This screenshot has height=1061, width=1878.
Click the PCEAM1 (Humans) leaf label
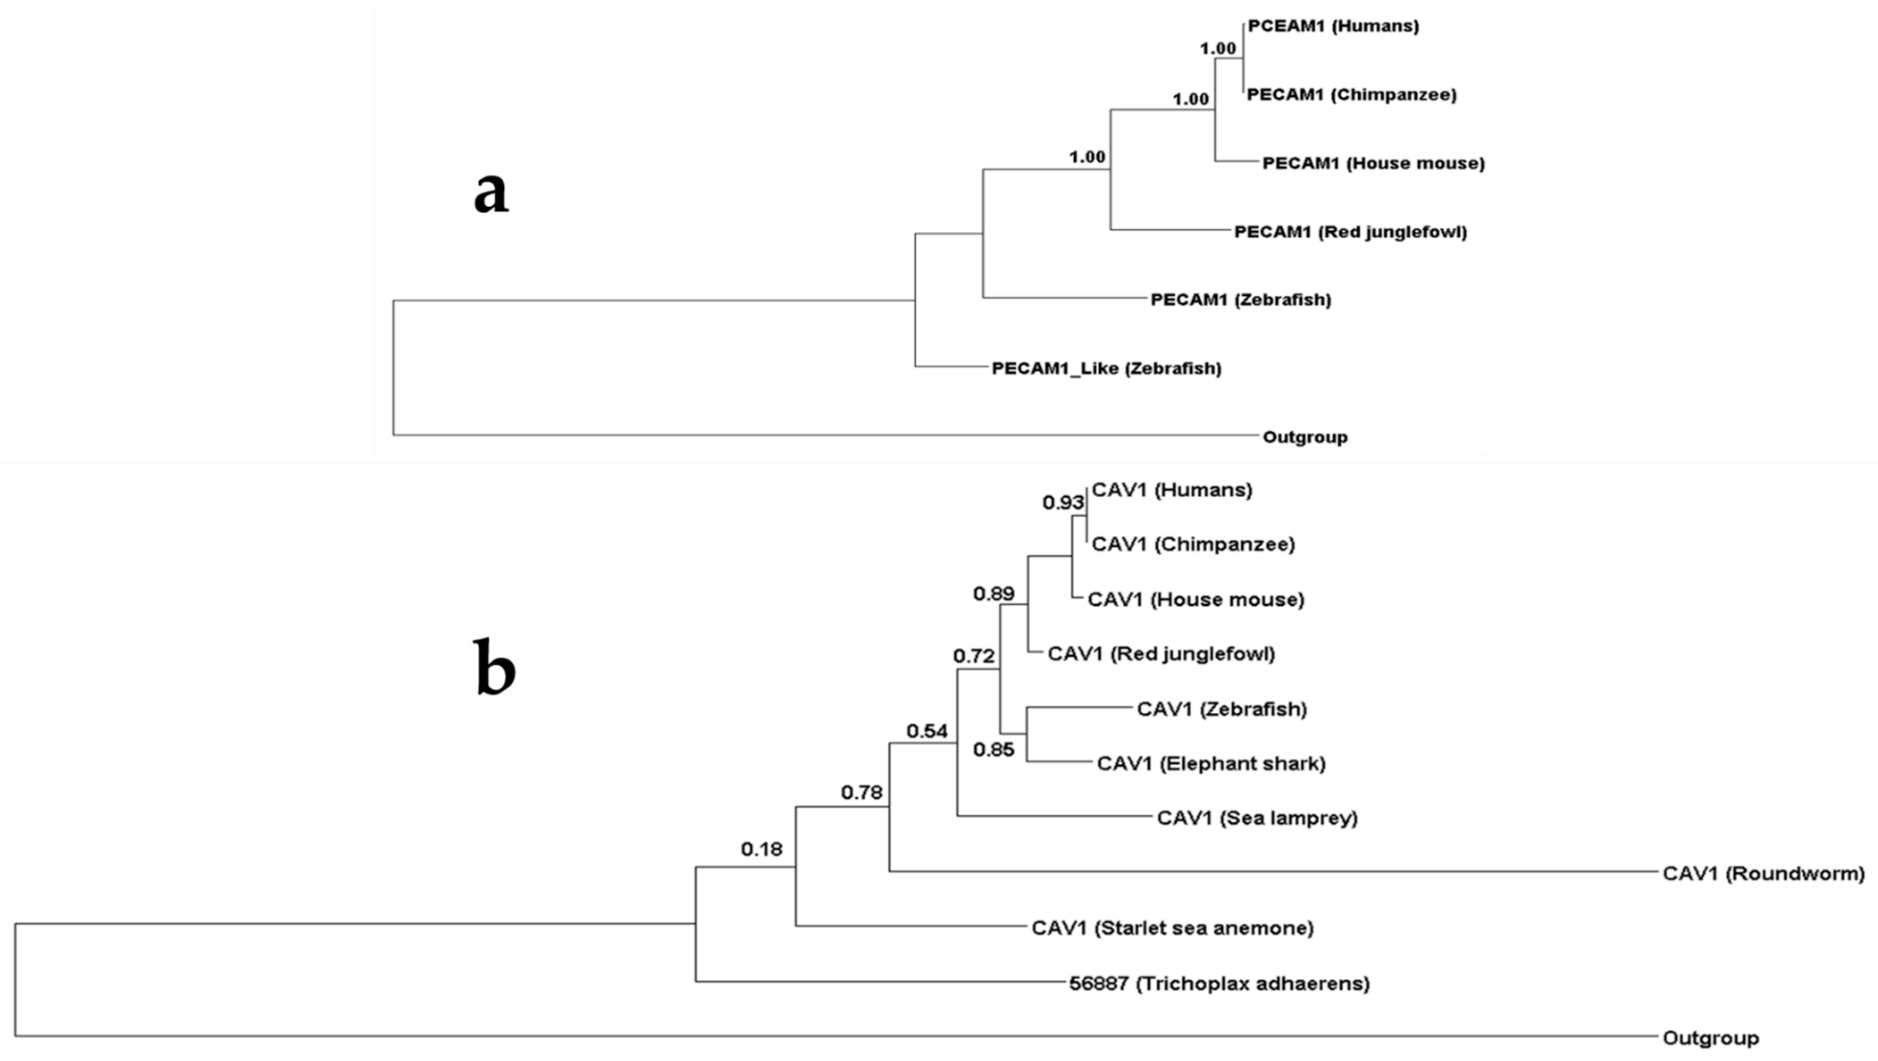click(x=1334, y=26)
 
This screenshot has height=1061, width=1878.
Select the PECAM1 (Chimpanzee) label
click(x=1352, y=95)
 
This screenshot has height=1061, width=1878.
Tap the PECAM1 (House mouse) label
click(x=1374, y=163)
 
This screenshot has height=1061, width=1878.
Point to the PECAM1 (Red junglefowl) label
click(x=1350, y=232)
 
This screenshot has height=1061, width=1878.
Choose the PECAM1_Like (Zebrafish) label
click(x=1106, y=368)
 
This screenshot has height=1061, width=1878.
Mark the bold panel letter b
click(x=495, y=667)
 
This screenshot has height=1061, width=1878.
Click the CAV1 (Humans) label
click(x=1171, y=490)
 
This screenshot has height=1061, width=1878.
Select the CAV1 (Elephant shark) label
click(x=1211, y=764)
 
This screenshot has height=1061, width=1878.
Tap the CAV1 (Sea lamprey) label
click(x=1257, y=818)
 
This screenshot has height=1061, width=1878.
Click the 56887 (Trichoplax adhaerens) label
click(x=1219, y=984)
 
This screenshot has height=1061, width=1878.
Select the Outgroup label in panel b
click(x=1710, y=1038)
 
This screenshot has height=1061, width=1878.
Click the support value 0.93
click(x=1063, y=502)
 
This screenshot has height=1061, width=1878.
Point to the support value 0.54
click(x=926, y=731)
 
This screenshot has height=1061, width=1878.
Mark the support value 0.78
click(x=862, y=792)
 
